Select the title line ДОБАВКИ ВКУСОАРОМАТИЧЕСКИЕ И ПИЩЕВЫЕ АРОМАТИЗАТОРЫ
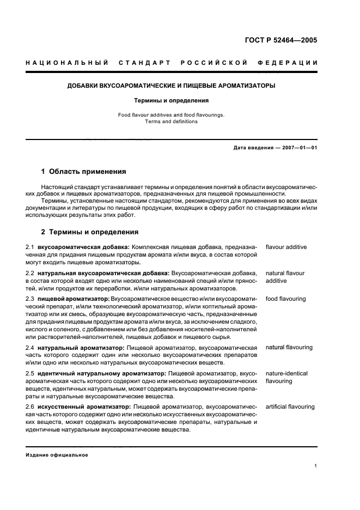[171, 86]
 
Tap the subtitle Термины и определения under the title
[171, 101]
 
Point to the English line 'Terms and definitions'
[171, 122]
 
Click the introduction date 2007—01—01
[296, 148]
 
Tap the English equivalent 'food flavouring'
[285, 299]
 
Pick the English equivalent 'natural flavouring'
[289, 347]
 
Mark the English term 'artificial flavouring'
[290, 406]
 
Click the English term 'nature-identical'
[286, 373]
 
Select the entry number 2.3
[30, 299]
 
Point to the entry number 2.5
[30, 373]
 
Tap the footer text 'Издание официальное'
[57, 455]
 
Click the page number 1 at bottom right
[316, 465]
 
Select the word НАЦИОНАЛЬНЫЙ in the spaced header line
[66, 63]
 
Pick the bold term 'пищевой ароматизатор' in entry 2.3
[73, 299]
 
